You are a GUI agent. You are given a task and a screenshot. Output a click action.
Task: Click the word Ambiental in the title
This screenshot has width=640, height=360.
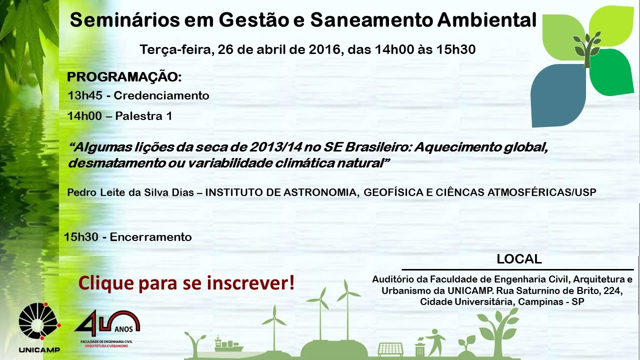(486, 20)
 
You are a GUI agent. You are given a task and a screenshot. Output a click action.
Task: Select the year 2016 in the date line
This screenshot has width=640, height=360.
(325, 49)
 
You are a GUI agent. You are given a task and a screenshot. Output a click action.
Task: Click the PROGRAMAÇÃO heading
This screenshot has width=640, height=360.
(124, 77)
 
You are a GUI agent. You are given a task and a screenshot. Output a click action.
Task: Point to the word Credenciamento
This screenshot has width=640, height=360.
(161, 95)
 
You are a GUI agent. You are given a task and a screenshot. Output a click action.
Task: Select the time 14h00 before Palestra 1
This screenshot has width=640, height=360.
(84, 116)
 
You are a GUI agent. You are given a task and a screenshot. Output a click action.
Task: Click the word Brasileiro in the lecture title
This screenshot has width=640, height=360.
(377, 147)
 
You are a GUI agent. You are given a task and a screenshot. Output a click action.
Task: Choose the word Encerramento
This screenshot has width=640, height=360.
(150, 237)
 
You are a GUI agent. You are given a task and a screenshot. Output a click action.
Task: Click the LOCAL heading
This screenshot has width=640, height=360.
(519, 259)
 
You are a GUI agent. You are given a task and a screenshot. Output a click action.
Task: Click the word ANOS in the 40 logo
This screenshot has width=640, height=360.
(123, 329)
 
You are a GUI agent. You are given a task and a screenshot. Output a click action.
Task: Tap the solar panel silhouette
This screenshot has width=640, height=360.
(390, 349)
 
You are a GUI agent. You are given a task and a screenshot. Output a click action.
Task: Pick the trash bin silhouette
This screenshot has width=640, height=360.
(419, 348)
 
